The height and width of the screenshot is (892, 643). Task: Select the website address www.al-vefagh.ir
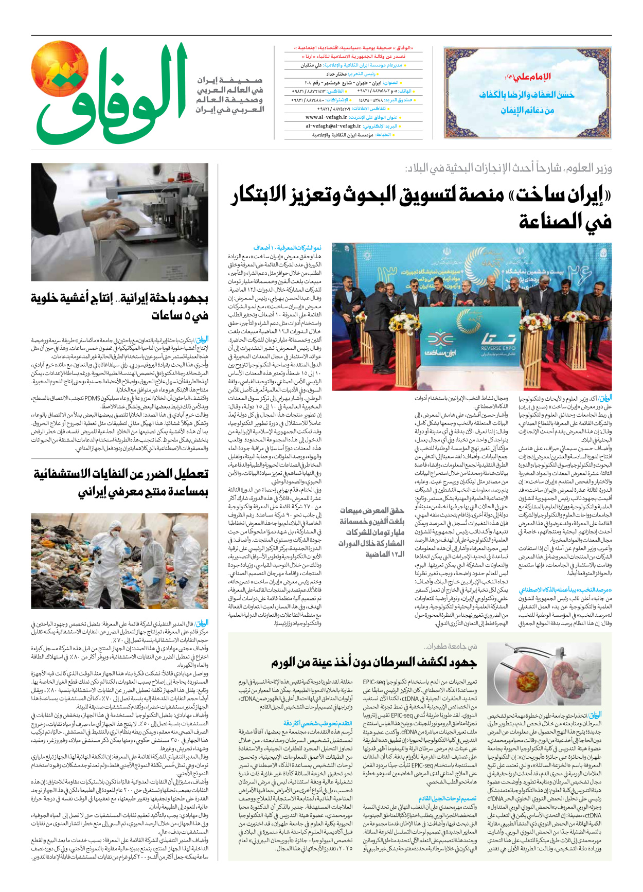326,117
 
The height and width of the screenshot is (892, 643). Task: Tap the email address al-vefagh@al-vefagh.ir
333,126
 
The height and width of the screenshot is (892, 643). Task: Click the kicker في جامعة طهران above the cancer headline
451,646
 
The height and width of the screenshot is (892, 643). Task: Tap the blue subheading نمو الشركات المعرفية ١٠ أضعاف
288,248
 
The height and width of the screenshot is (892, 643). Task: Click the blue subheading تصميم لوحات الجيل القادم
448,799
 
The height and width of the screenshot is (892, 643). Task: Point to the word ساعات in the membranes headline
168,315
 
